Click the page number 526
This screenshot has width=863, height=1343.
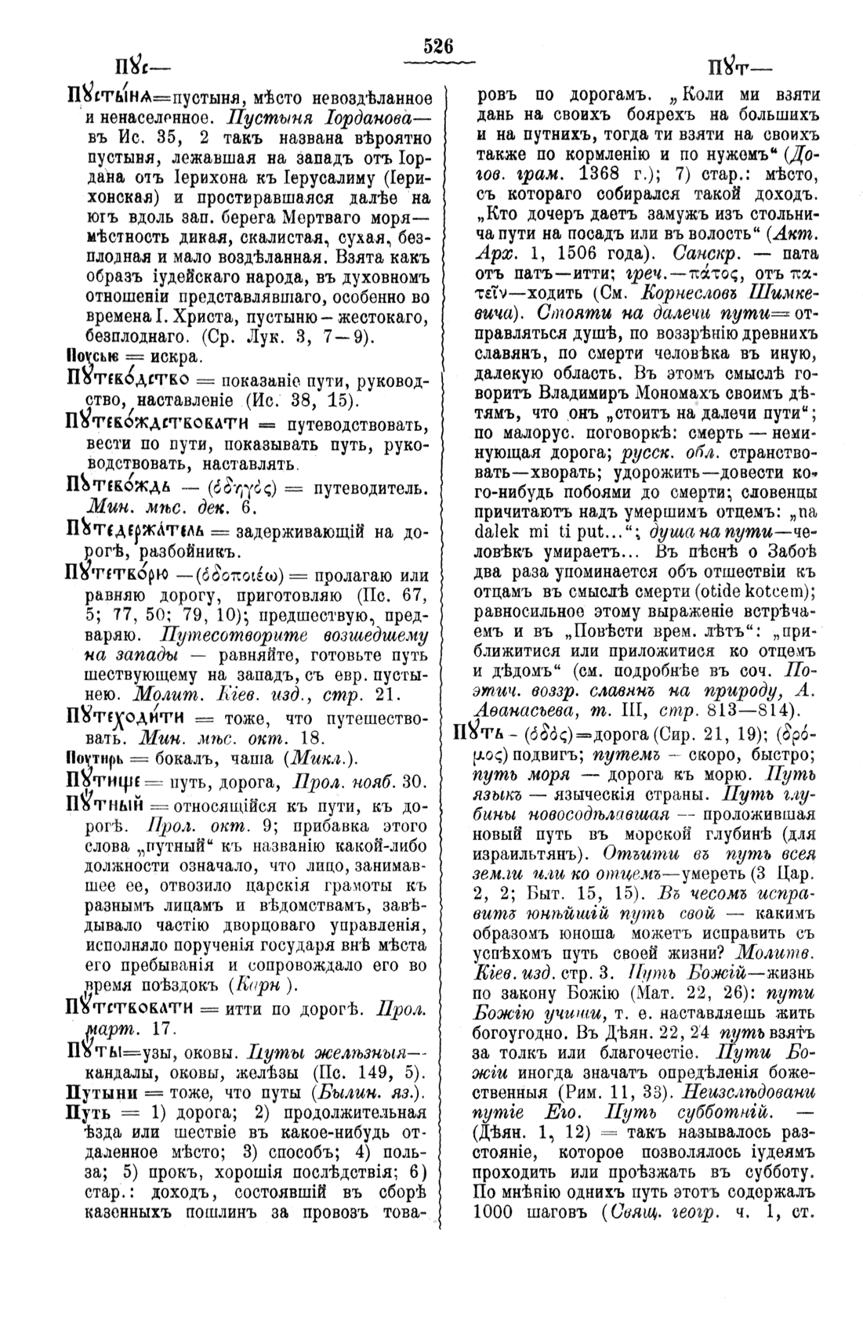(x=438, y=47)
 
